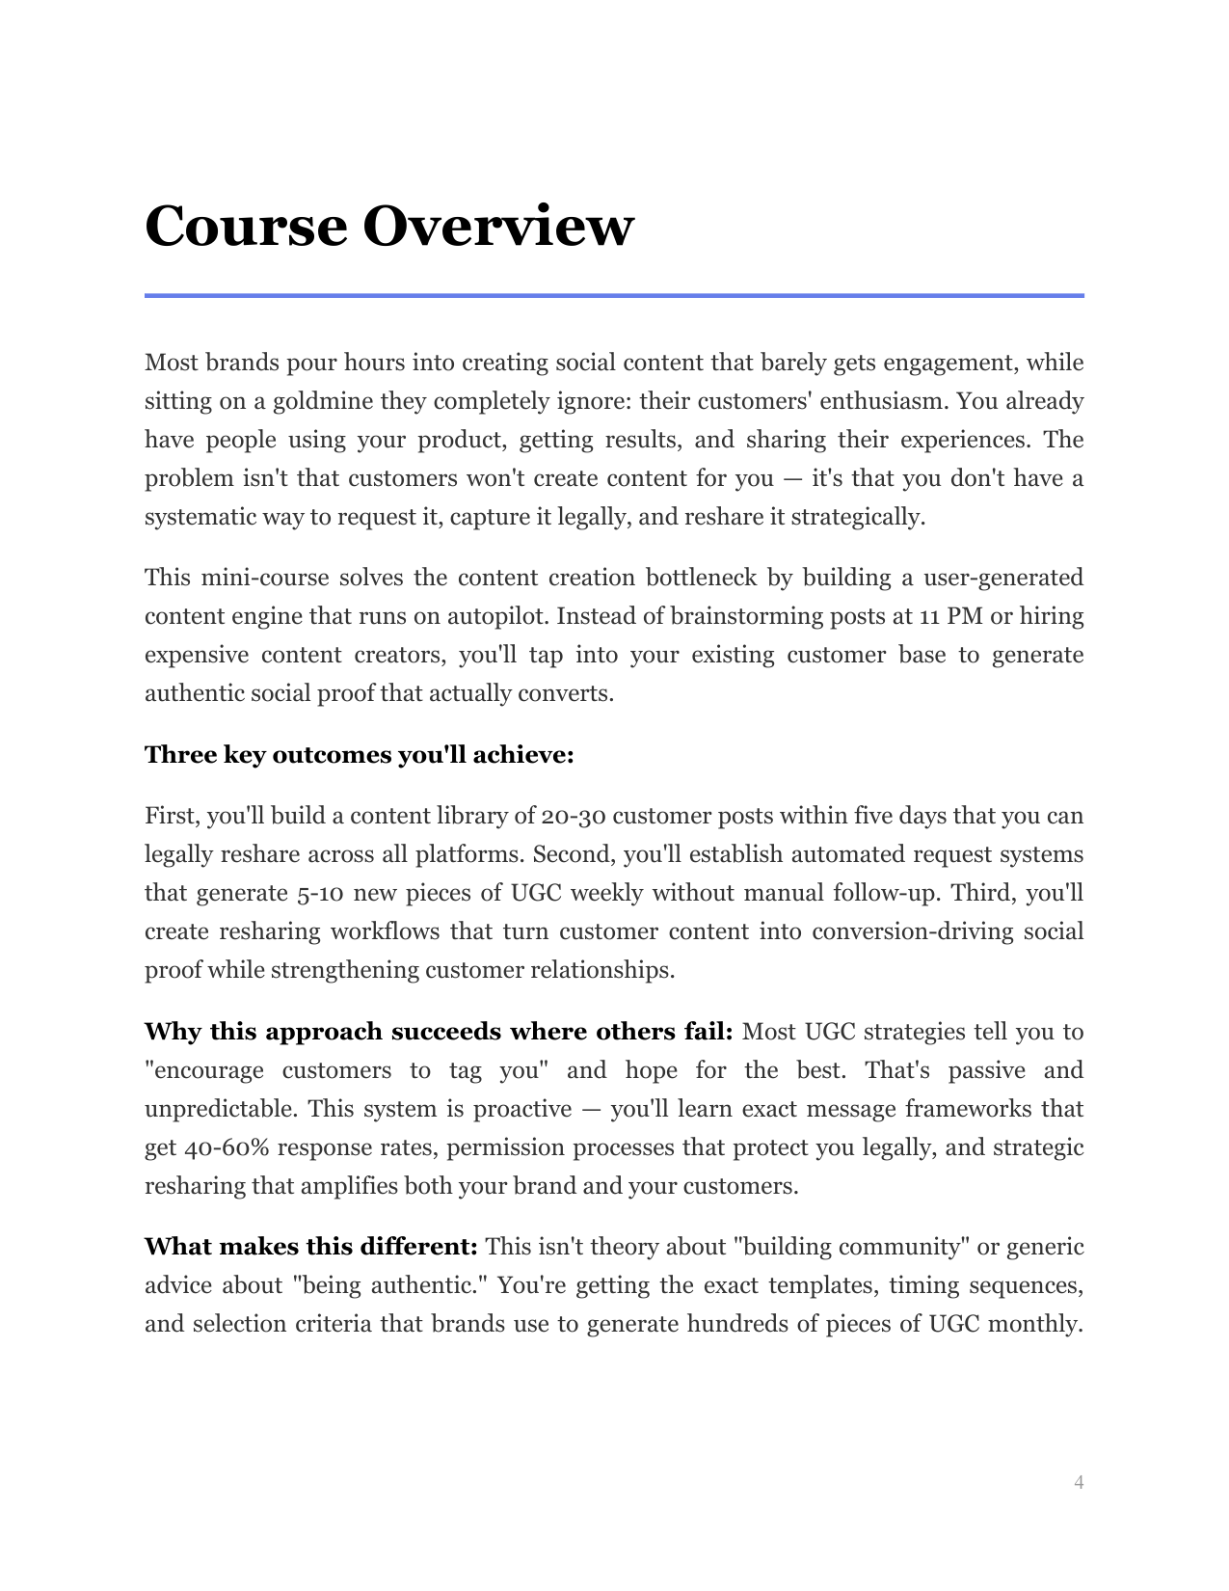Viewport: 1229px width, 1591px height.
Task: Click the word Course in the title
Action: (245, 227)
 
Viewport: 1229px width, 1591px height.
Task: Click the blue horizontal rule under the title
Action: (614, 295)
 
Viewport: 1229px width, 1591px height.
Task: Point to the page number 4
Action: (1079, 1482)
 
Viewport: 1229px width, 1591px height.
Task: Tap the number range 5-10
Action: (319, 893)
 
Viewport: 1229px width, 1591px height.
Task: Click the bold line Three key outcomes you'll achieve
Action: (359, 755)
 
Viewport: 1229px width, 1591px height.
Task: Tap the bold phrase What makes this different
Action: (310, 1247)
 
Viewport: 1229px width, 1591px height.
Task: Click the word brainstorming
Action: (737, 616)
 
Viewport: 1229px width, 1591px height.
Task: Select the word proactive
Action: (523, 1109)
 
